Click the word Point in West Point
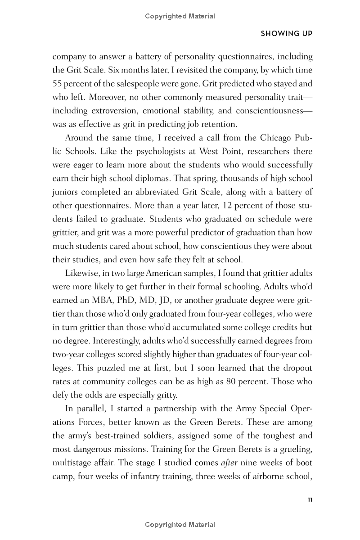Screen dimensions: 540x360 tap(226, 151)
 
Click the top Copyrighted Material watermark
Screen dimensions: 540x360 tap(180, 16)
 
